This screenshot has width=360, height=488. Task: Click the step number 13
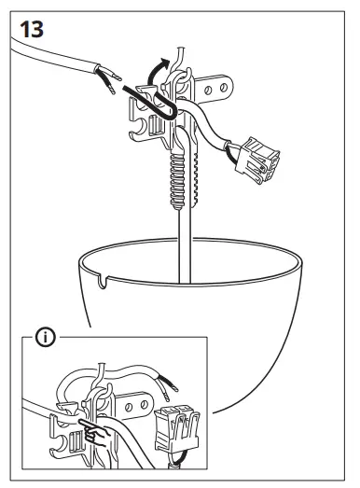tap(31, 27)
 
